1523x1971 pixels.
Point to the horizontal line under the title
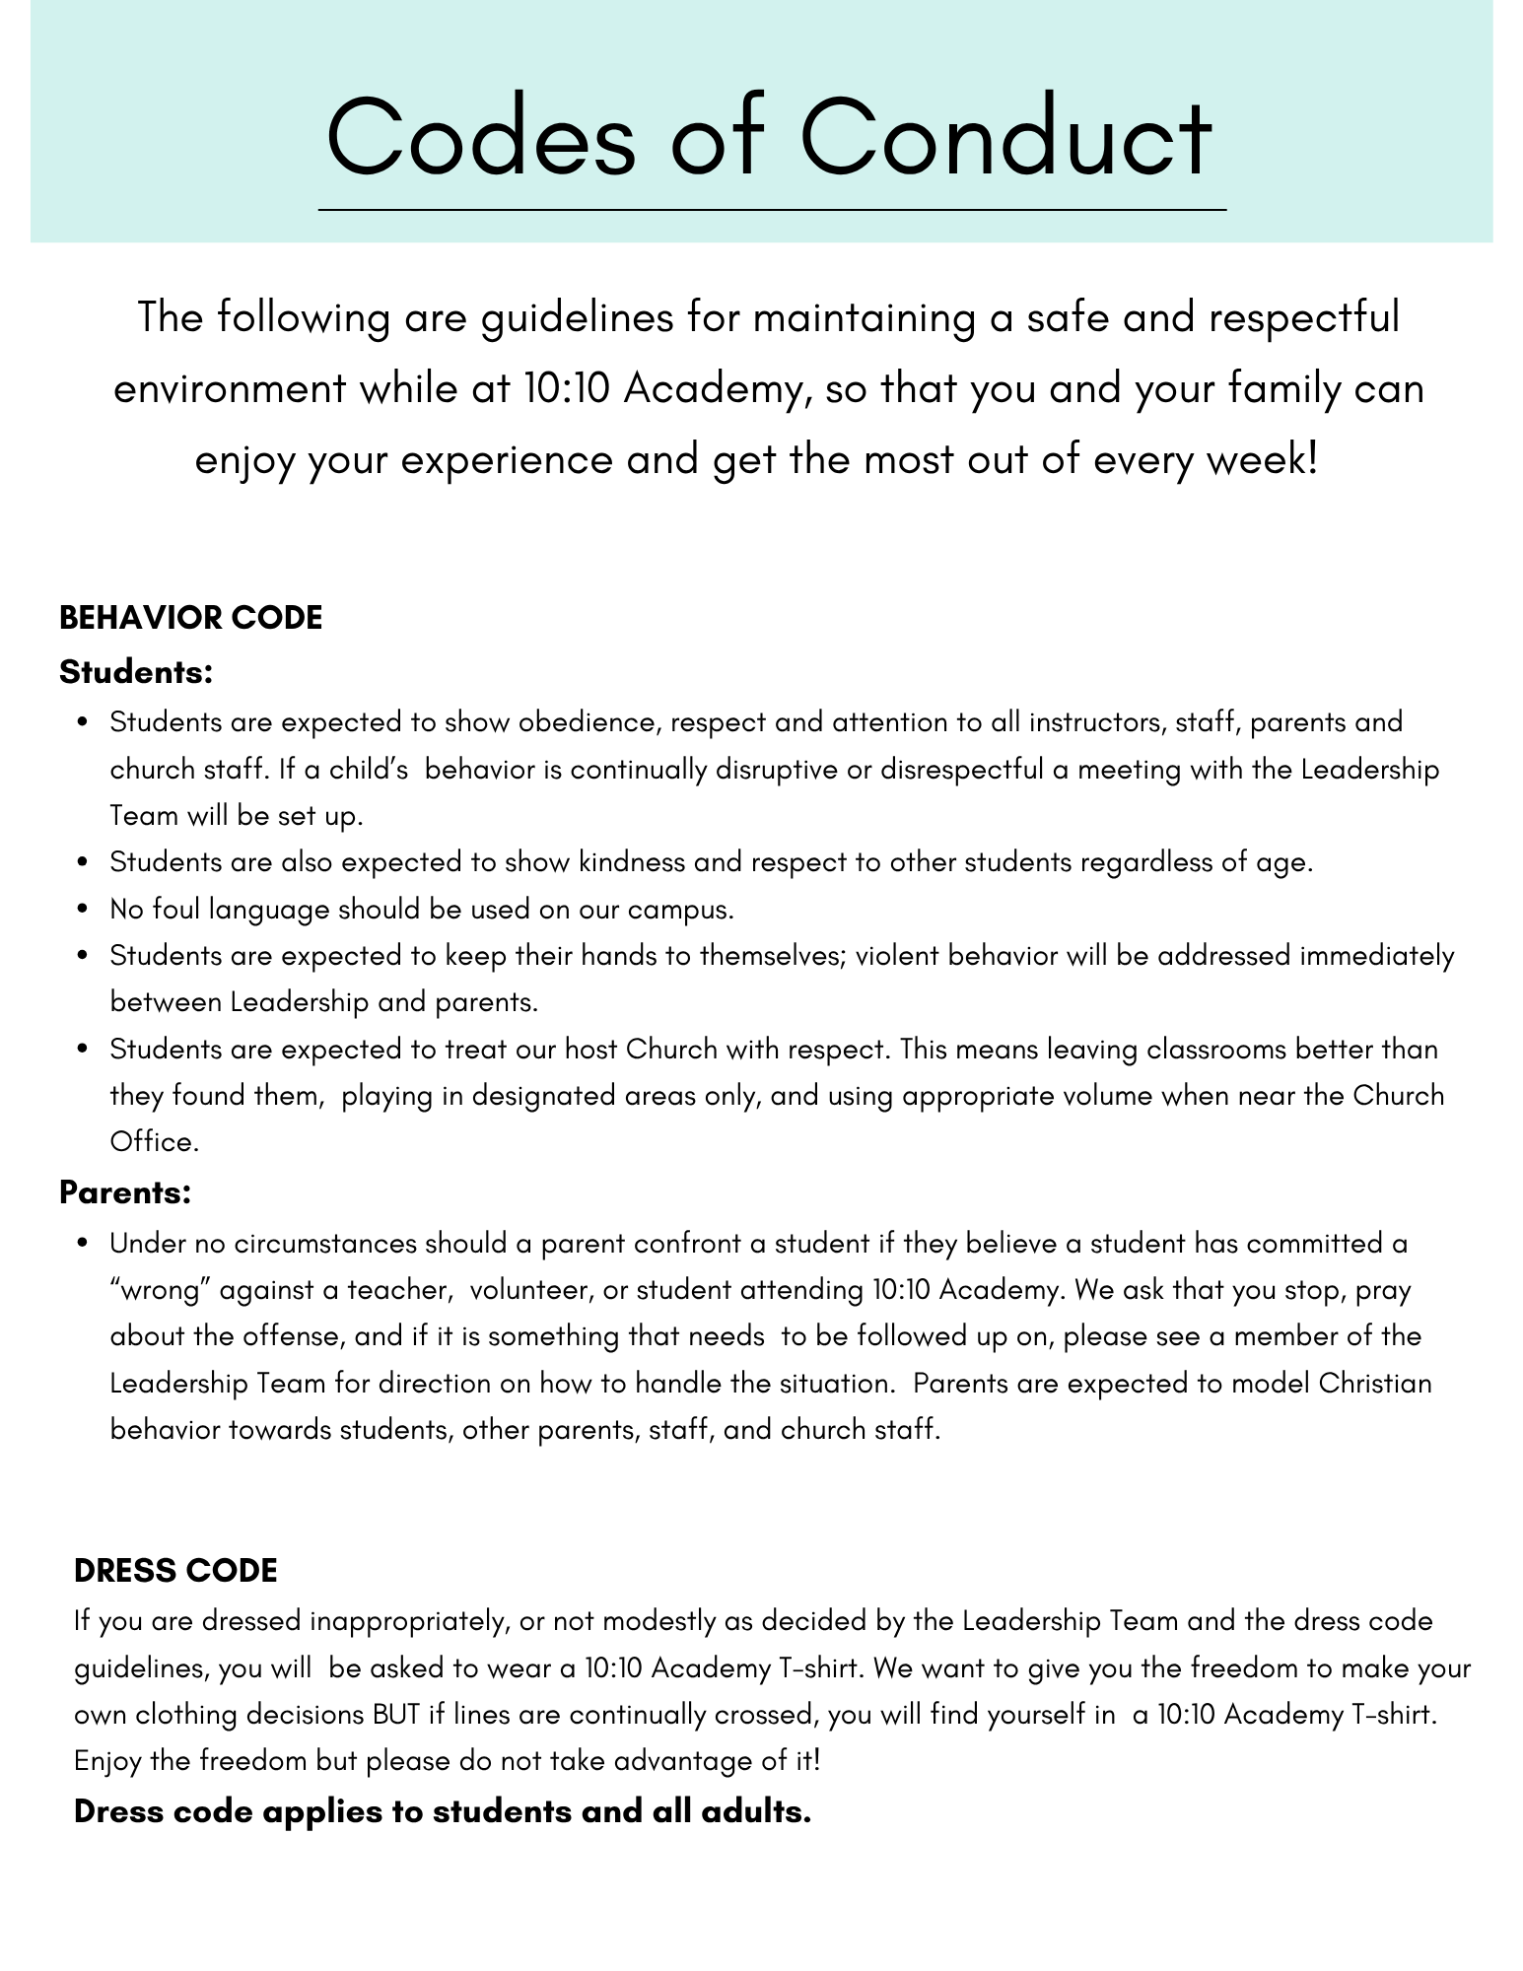point(772,210)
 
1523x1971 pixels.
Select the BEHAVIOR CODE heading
point(190,618)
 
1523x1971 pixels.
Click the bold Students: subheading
point(136,673)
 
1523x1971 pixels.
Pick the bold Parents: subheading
point(125,1192)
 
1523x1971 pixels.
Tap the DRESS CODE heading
point(175,1571)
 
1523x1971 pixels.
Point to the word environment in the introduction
point(229,389)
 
